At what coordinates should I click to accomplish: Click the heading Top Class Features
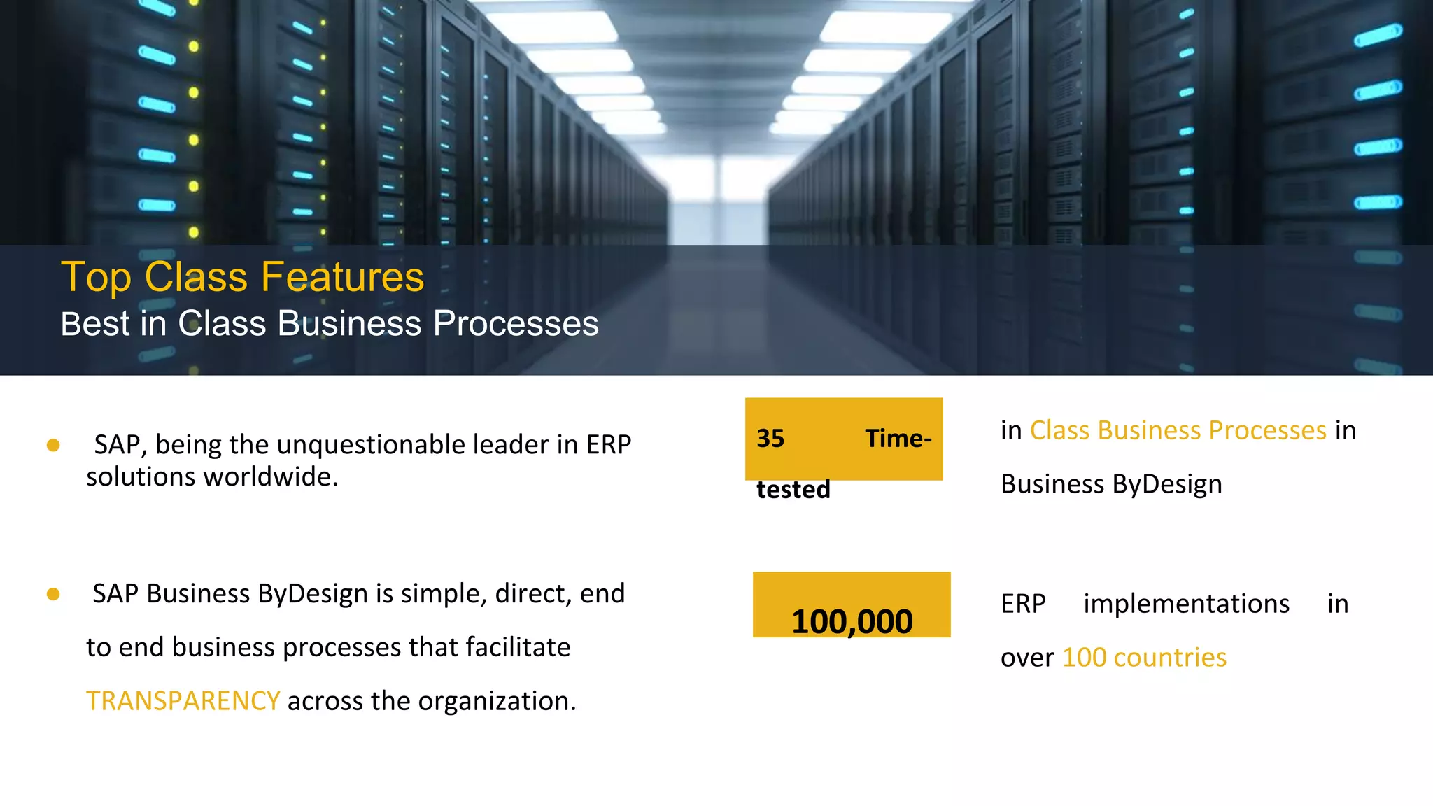click(x=242, y=277)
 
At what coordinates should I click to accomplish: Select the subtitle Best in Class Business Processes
click(x=329, y=324)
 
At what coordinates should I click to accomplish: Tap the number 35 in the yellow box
click(x=770, y=439)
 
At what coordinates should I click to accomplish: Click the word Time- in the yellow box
click(x=898, y=439)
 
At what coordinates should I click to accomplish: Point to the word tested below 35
click(x=793, y=490)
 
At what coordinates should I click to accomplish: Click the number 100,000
click(x=852, y=621)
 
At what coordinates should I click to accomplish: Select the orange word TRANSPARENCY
click(x=183, y=701)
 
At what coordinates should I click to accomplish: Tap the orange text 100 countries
click(x=1144, y=658)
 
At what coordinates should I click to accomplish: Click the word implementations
click(x=1186, y=604)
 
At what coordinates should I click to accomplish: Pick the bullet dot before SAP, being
click(x=53, y=446)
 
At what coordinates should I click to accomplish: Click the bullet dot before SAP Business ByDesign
click(x=53, y=595)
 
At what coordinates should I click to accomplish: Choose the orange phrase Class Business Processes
click(x=1178, y=430)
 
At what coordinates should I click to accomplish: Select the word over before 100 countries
click(x=1026, y=658)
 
